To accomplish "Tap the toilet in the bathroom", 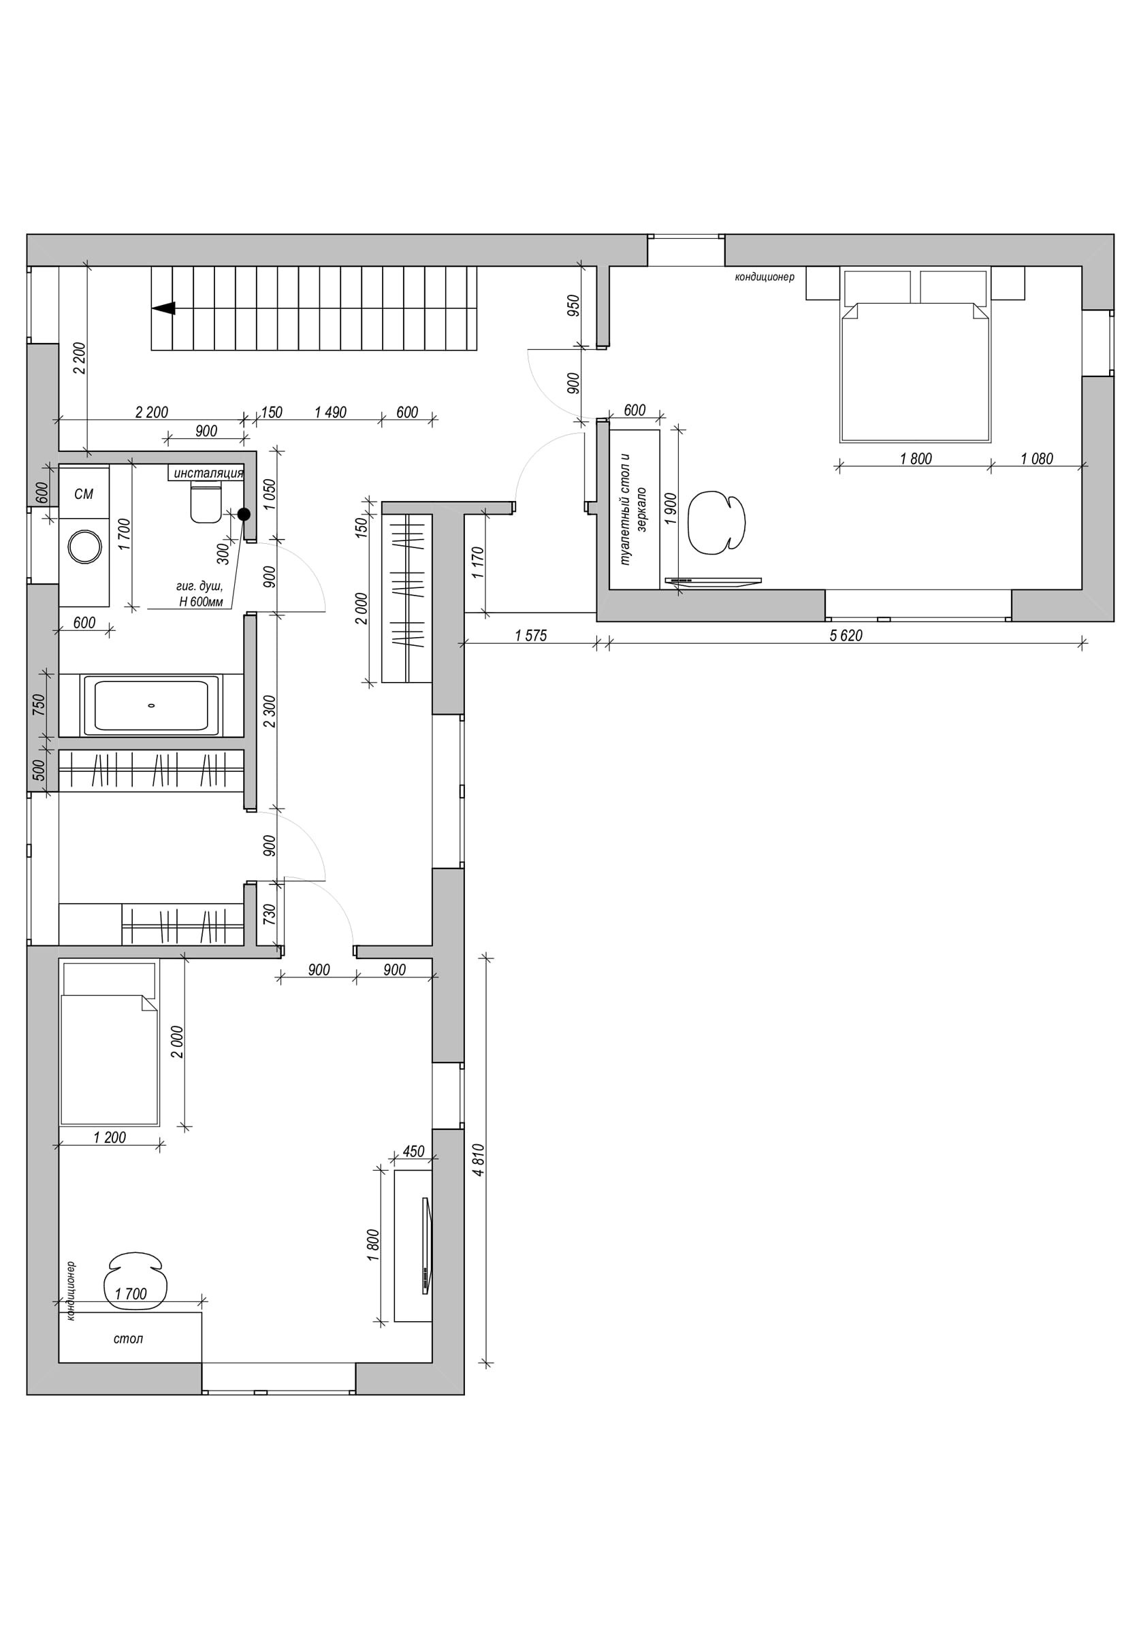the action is [206, 502].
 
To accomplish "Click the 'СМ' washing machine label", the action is [84, 493].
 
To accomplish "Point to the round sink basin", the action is [85, 548].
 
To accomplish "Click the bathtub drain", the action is [151, 706].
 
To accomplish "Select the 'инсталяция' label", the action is [208, 473].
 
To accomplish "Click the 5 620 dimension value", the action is [846, 635].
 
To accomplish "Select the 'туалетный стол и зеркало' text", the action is [634, 510].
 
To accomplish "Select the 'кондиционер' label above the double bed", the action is [765, 277].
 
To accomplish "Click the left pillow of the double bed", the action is [878, 287].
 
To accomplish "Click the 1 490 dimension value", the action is [330, 412].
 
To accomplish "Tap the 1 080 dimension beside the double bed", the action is [1037, 459].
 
